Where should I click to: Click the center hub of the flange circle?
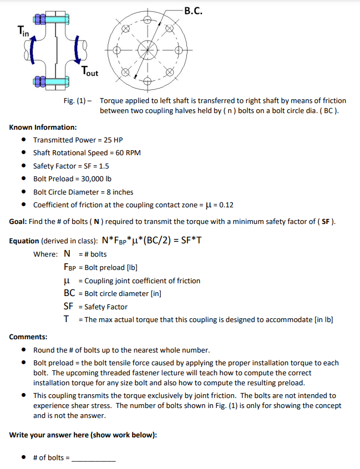[148, 50]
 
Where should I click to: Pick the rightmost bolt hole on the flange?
[179, 50]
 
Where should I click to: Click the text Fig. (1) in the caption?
[75, 101]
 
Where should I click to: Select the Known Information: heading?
[43, 127]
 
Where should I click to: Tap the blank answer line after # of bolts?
[94, 458]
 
